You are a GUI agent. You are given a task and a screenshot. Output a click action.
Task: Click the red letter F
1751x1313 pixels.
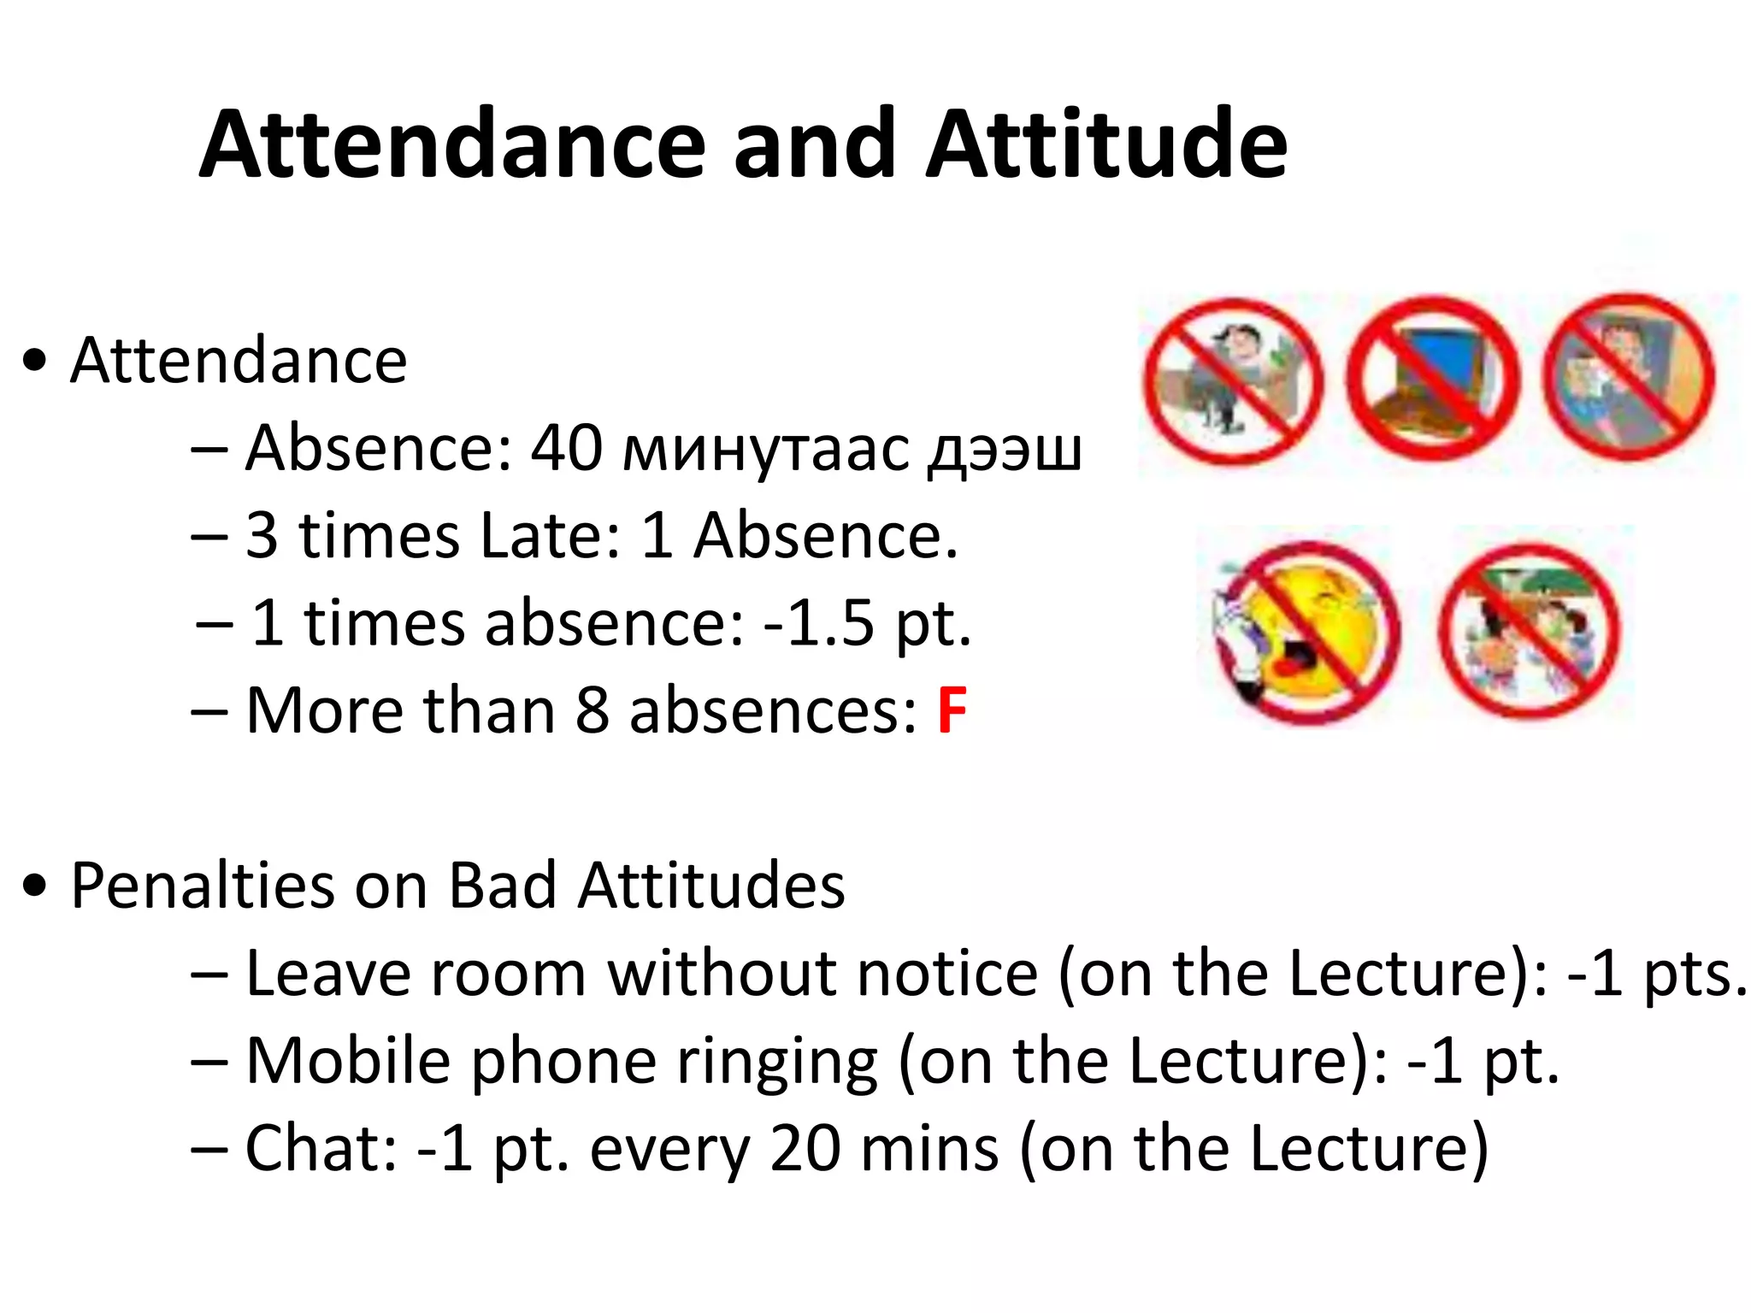click(x=952, y=710)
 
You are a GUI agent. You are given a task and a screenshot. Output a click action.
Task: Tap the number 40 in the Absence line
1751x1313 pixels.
click(x=567, y=448)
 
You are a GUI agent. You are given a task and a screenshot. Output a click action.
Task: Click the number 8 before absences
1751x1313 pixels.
click(x=592, y=710)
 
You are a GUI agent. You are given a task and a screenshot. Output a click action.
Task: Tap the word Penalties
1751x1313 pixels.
click(x=203, y=886)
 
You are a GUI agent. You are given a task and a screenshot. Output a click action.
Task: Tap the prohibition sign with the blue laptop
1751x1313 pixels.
click(x=1433, y=378)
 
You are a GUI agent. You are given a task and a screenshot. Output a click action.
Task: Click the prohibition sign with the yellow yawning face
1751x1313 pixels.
click(x=1306, y=633)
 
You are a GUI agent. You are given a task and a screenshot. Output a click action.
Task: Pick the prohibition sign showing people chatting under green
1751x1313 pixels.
click(x=1530, y=631)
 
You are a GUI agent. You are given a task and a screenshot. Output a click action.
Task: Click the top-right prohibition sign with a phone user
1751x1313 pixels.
click(x=1629, y=376)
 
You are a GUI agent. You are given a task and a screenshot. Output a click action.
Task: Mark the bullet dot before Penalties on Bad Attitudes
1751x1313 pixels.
click(x=35, y=886)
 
